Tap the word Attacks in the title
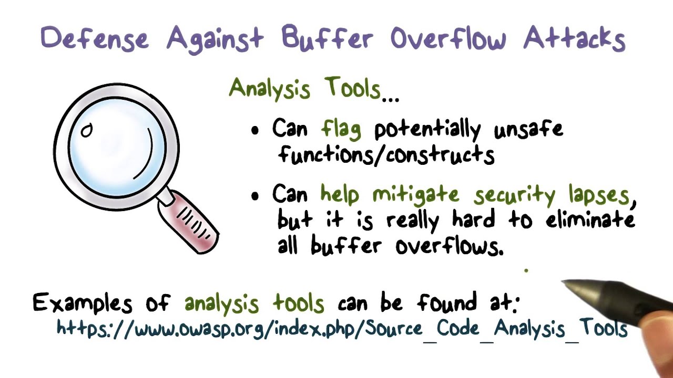[574, 38]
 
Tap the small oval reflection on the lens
[87, 130]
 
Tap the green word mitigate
[415, 194]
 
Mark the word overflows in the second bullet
[450, 245]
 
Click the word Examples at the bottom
[82, 303]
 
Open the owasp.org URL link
[342, 329]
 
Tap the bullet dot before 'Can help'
[256, 196]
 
